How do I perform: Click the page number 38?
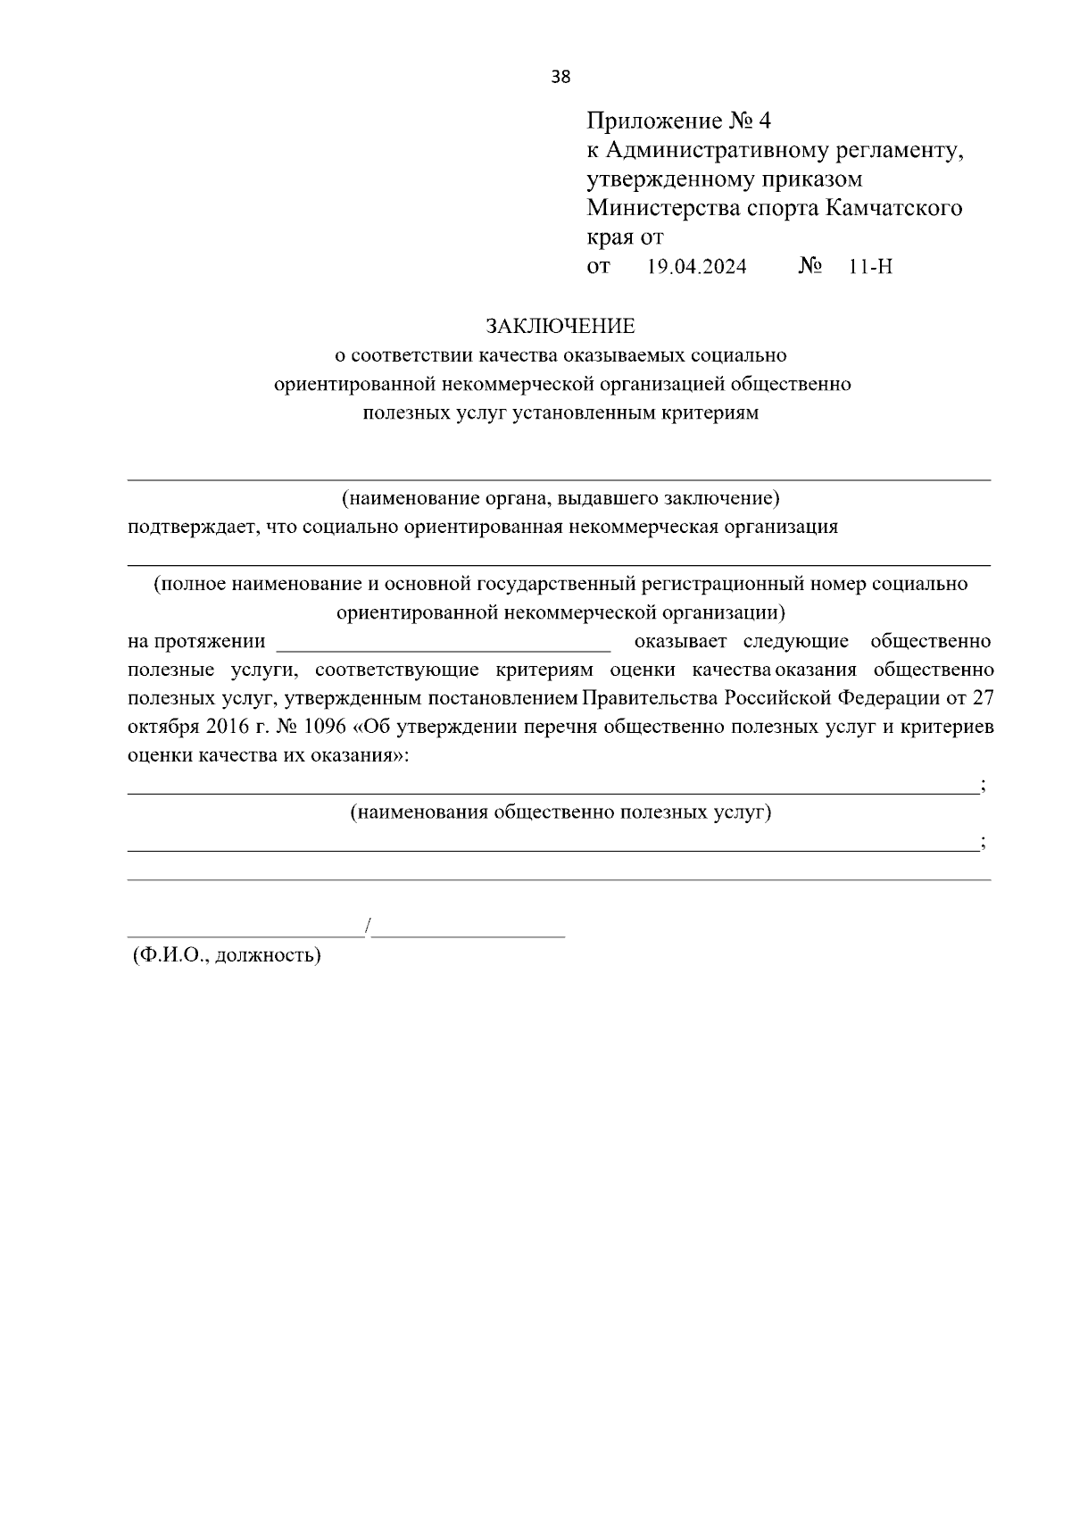click(x=560, y=77)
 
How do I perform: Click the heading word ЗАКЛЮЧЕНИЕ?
click(x=560, y=326)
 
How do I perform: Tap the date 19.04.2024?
click(x=696, y=267)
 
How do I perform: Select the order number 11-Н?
click(x=871, y=267)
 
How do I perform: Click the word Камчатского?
click(x=894, y=209)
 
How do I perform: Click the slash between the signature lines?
click(x=368, y=927)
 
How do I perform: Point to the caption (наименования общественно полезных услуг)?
click(x=560, y=812)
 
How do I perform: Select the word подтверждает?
click(x=184, y=527)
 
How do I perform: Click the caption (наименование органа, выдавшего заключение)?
click(x=560, y=497)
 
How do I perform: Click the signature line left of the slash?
click(x=245, y=935)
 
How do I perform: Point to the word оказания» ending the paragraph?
click(x=360, y=755)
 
